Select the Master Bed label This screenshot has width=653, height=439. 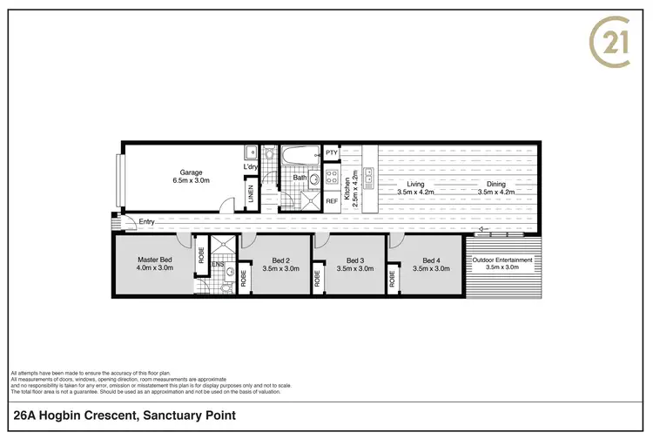click(154, 264)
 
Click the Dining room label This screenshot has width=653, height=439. click(495, 187)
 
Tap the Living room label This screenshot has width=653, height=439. click(415, 187)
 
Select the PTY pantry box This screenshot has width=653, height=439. click(331, 153)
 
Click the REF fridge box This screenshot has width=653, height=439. click(331, 201)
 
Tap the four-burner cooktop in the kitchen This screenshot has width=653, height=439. click(331, 177)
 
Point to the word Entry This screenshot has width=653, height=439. click(147, 222)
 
